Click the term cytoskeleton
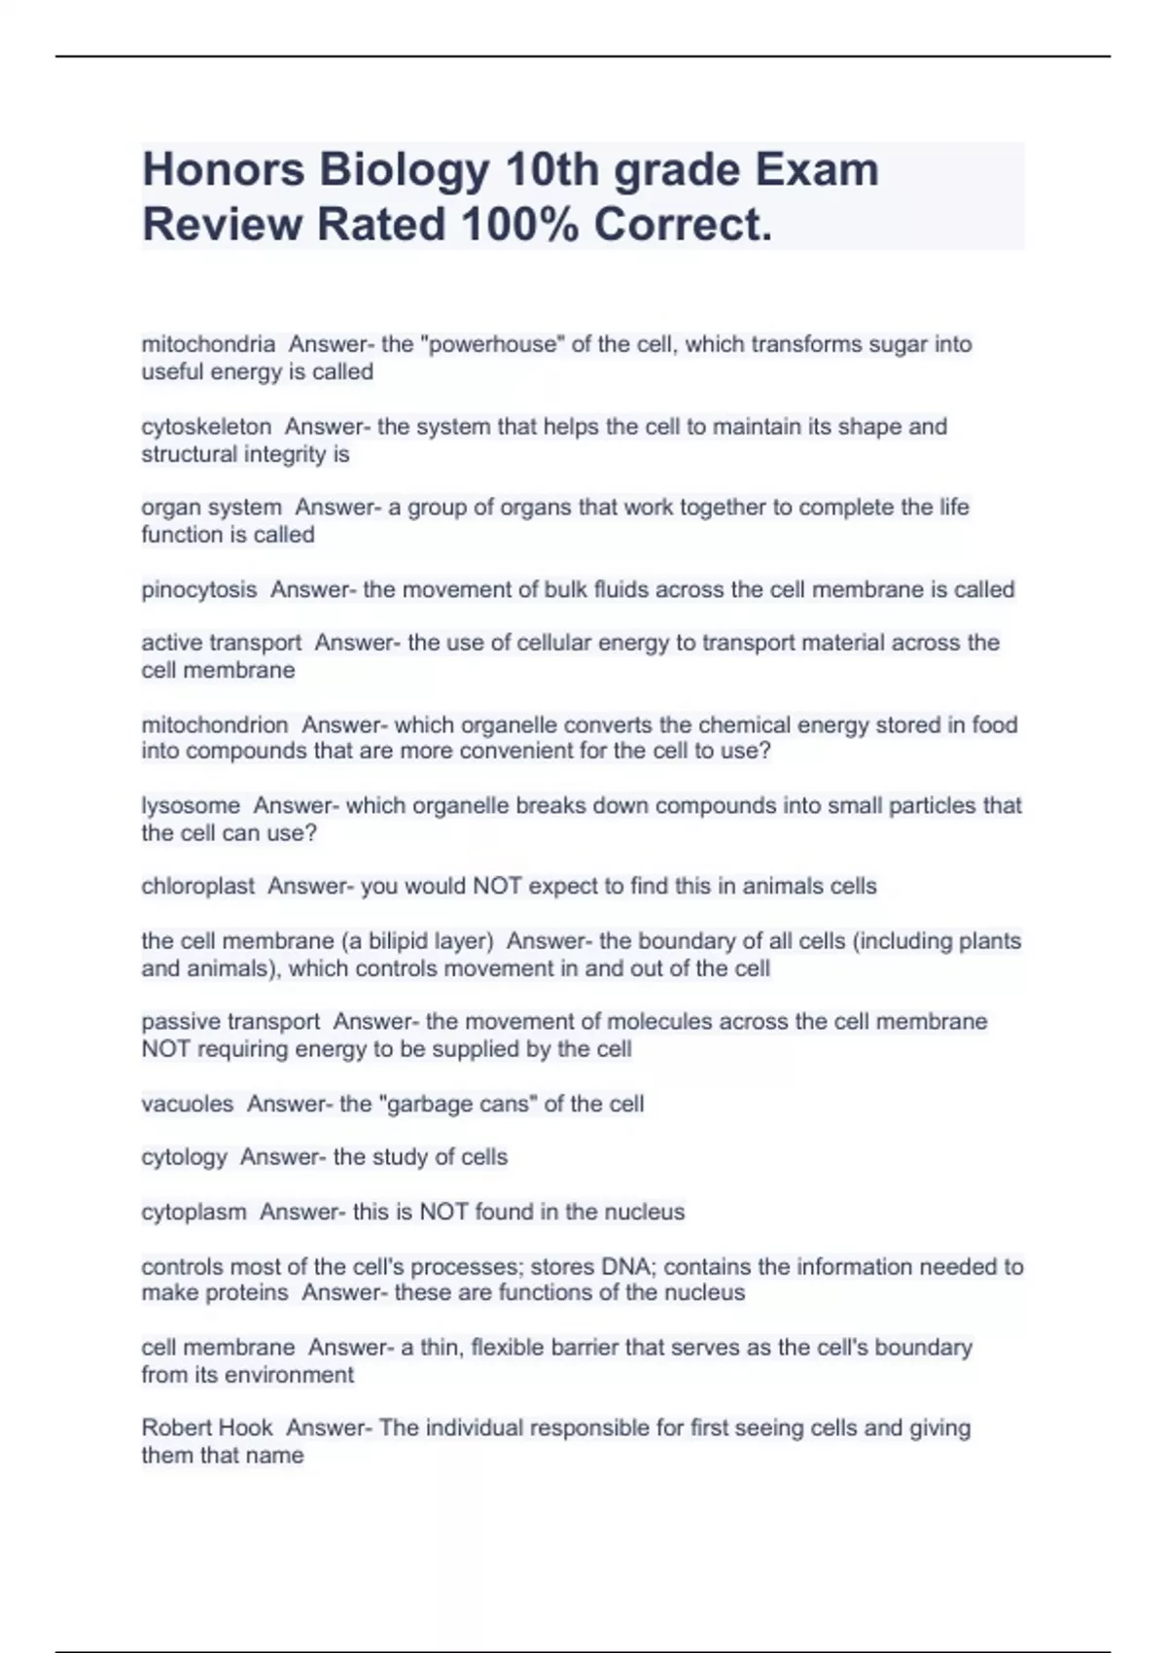206,427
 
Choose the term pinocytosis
199,590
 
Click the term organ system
211,508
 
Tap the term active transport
222,643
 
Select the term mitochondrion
215,725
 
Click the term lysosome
191,806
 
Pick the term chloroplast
198,887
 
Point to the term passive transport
230,1022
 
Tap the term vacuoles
188,1105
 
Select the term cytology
185,1157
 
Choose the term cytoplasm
194,1213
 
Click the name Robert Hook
207,1428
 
